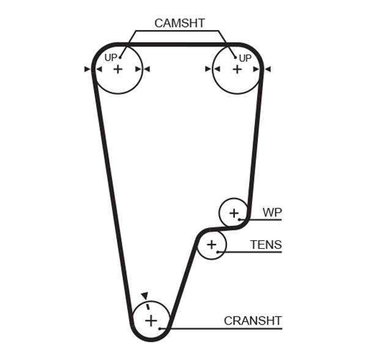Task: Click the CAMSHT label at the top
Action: click(179, 23)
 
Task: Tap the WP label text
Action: click(272, 212)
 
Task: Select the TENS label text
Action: click(266, 245)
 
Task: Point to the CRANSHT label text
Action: click(253, 320)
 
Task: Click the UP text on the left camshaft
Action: click(111, 57)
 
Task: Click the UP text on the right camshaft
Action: click(245, 58)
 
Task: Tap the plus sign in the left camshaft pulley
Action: click(117, 69)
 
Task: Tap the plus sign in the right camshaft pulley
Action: click(237, 69)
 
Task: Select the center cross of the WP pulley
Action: click(234, 213)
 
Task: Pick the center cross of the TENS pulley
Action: click(212, 245)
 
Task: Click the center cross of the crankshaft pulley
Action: click(150, 320)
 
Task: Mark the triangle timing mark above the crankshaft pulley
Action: click(144, 295)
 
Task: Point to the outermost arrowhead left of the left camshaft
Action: click(87, 69)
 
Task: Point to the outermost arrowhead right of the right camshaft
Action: click(267, 69)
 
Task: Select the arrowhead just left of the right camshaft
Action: click(208, 69)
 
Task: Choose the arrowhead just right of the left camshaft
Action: click(147, 69)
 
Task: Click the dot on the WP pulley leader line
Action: click(241, 219)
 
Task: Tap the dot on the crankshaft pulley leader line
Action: click(160, 329)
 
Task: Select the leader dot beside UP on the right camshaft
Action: click(235, 58)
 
